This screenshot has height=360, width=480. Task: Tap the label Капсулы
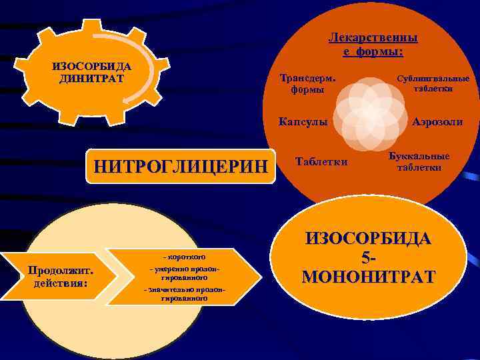coord(303,123)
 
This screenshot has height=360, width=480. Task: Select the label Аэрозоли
coord(437,123)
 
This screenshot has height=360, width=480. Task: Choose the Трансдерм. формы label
coord(307,83)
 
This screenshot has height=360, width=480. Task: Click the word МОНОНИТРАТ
coord(368,277)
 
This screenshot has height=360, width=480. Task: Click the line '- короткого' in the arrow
coord(180,257)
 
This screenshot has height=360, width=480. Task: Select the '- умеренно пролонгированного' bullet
coord(180,273)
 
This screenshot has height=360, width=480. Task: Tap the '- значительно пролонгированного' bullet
coord(180,294)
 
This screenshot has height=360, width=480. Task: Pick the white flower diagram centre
coord(369,111)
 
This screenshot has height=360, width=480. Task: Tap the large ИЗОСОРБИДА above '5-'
coord(368,239)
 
